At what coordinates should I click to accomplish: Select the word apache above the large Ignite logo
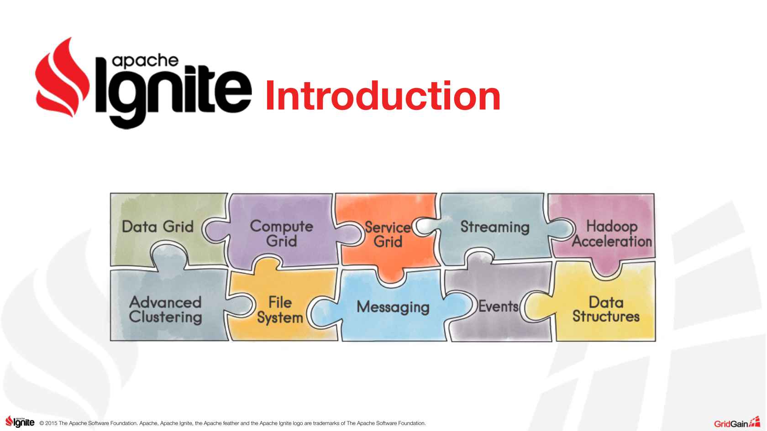(x=145, y=61)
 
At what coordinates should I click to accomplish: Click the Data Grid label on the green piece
(x=158, y=226)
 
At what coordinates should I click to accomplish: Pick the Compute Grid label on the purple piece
(x=281, y=234)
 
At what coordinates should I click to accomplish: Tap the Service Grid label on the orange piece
(x=388, y=234)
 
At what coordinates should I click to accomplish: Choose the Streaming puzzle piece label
(x=495, y=227)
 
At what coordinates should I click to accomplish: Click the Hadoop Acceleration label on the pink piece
(x=612, y=234)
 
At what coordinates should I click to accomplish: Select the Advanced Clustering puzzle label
(x=165, y=310)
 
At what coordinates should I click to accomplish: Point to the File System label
(x=280, y=310)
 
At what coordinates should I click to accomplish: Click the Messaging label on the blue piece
(x=393, y=307)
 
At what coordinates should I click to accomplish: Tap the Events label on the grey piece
(x=498, y=306)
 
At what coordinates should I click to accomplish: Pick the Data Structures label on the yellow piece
(x=606, y=309)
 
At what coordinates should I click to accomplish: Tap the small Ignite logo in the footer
(x=20, y=422)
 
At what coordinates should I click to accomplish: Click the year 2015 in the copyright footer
(x=51, y=423)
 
